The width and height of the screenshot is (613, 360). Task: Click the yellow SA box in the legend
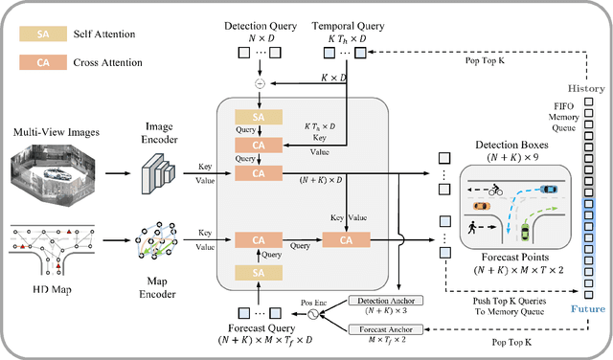(x=42, y=34)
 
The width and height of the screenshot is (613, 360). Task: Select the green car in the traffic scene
(x=524, y=232)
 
